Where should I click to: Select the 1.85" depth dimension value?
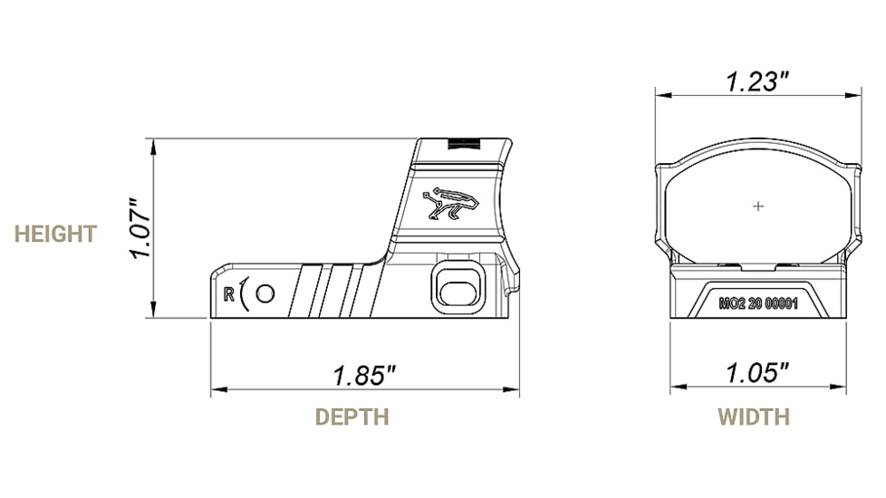pyautogui.click(x=364, y=376)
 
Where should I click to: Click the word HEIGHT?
pyautogui.click(x=55, y=234)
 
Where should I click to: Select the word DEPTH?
pyautogui.click(x=352, y=417)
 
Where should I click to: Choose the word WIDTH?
pyautogui.click(x=754, y=417)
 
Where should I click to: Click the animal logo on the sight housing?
pyautogui.click(x=448, y=204)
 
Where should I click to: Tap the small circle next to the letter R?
pyautogui.click(x=265, y=293)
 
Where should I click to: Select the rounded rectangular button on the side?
pyautogui.click(x=453, y=285)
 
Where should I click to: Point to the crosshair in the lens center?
pyautogui.click(x=758, y=206)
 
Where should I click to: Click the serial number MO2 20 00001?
pyautogui.click(x=757, y=304)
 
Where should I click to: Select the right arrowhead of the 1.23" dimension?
pyautogui.click(x=854, y=94)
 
